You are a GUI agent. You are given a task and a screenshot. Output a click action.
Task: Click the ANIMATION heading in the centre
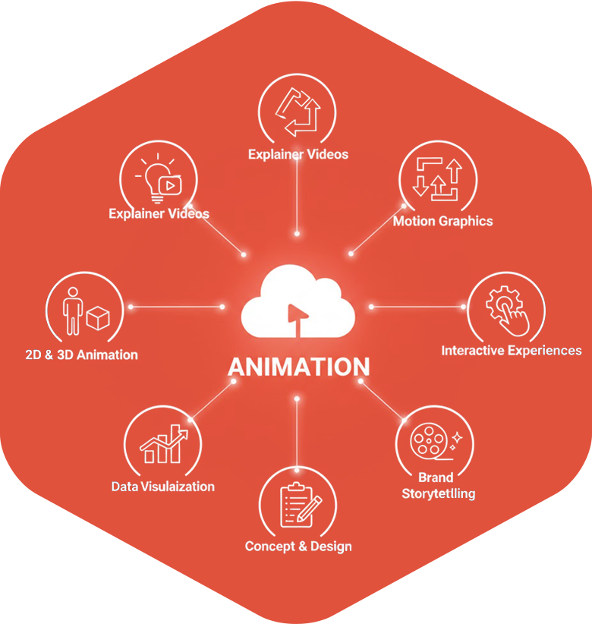click(298, 367)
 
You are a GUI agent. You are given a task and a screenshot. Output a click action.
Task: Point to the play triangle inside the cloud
click(292, 312)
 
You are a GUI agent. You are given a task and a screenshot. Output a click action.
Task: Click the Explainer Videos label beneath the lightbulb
click(159, 214)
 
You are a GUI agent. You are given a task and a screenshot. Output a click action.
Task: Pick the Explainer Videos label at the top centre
click(298, 155)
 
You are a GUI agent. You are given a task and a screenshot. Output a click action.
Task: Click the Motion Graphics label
click(442, 222)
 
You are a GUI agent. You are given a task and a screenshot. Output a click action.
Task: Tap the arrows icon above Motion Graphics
click(436, 178)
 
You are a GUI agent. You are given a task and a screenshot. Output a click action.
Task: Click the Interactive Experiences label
click(512, 351)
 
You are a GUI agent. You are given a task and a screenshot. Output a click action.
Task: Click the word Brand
click(436, 477)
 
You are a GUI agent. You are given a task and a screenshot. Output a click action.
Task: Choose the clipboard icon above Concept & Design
click(298, 505)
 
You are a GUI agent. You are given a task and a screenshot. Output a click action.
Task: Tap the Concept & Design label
click(298, 547)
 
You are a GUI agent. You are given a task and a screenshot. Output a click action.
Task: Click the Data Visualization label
click(162, 487)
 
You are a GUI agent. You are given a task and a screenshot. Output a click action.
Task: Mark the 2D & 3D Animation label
click(82, 355)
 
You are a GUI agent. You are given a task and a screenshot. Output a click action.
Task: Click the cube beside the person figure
click(98, 318)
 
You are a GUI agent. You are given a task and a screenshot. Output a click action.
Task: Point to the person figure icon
click(74, 310)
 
